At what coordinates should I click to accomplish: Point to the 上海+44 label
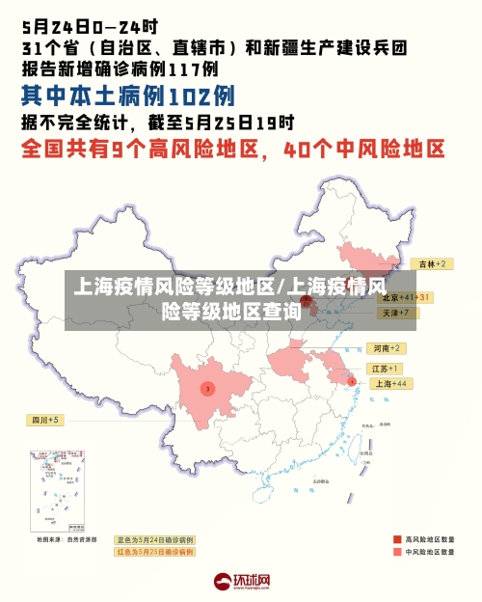coord(389,384)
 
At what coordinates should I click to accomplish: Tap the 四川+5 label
coord(44,420)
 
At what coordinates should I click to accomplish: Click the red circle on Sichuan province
coord(206,388)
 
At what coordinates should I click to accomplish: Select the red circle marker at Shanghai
coord(352,382)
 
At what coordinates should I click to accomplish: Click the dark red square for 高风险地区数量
coord(397,539)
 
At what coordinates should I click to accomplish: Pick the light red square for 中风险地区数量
coord(397,553)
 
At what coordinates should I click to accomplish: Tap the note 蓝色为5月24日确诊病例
coord(154,539)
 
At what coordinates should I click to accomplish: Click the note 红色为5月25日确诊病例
coord(154,553)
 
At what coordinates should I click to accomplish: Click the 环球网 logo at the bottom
coord(242,582)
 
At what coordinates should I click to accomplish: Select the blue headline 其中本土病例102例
coord(128,96)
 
